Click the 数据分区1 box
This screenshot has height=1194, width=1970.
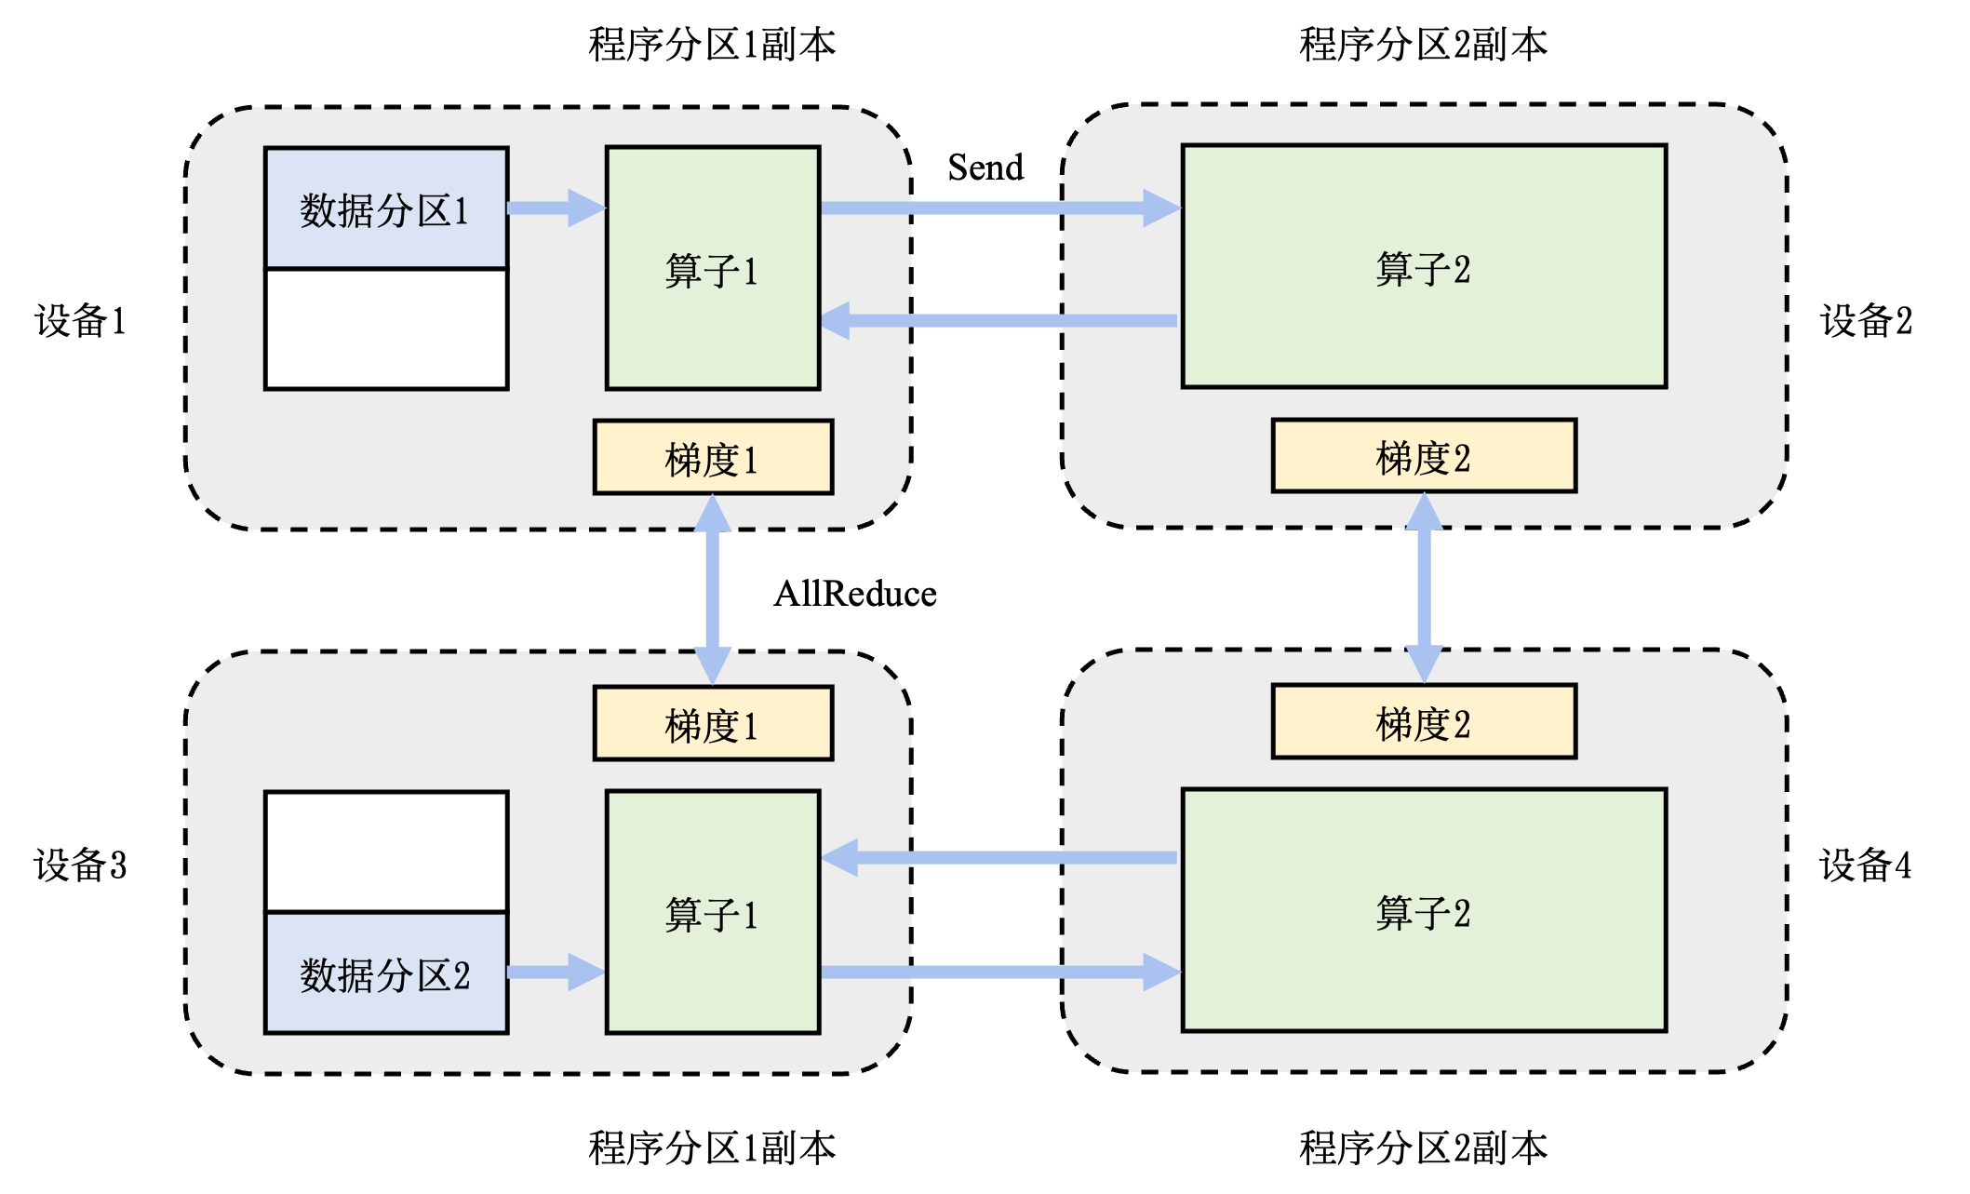click(385, 208)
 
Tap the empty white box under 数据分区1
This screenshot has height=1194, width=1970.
click(385, 329)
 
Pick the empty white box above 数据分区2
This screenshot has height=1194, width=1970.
click(385, 852)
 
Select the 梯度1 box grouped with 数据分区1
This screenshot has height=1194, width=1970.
click(713, 457)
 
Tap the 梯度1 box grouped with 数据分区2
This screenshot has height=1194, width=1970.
click(713, 724)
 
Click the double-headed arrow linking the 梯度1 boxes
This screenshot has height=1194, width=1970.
click(713, 590)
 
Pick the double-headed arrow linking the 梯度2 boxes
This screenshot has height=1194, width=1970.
click(1424, 588)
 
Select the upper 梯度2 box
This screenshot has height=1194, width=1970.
click(1424, 455)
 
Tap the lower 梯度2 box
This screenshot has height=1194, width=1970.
click(1424, 722)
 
